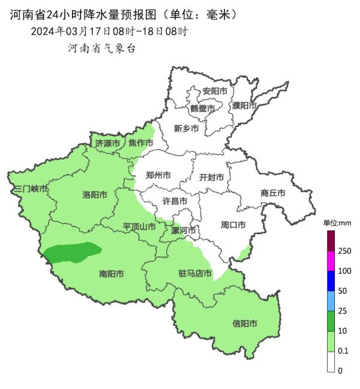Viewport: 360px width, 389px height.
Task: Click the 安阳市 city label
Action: (x=215, y=92)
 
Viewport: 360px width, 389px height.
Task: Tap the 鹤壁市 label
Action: (x=202, y=108)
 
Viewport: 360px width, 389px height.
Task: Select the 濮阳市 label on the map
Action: (x=244, y=105)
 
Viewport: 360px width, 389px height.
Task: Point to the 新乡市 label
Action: (x=186, y=128)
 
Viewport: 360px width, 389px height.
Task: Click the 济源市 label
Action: (x=107, y=143)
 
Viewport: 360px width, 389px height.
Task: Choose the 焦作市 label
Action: (x=140, y=143)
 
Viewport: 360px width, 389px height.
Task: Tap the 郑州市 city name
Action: (x=158, y=176)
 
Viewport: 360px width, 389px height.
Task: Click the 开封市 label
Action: (x=211, y=177)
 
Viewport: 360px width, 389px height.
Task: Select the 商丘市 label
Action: (x=272, y=193)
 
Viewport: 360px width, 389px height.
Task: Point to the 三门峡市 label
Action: (x=31, y=189)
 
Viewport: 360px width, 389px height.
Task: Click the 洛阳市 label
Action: (x=95, y=195)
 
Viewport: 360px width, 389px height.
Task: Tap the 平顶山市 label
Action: (x=139, y=227)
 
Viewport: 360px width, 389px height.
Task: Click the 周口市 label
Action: (x=233, y=225)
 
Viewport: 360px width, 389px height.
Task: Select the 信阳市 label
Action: (x=245, y=324)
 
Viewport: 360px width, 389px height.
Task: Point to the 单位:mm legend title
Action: (x=337, y=223)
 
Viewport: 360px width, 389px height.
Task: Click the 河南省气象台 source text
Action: (x=102, y=48)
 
